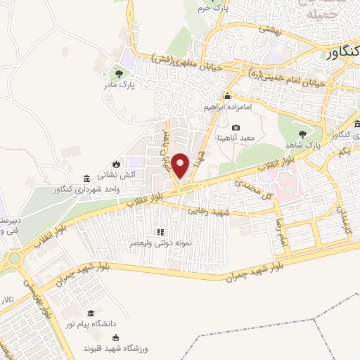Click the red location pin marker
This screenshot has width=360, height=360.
(x=181, y=165)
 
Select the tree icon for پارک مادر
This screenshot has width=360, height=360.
(x=119, y=72)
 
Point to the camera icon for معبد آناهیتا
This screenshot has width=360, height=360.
(x=236, y=127)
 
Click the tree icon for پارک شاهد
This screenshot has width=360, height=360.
(x=302, y=134)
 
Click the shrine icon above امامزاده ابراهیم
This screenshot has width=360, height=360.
(x=227, y=96)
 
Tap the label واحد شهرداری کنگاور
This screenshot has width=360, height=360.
(x=84, y=189)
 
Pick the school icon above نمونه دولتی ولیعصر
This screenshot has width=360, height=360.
(x=160, y=231)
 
